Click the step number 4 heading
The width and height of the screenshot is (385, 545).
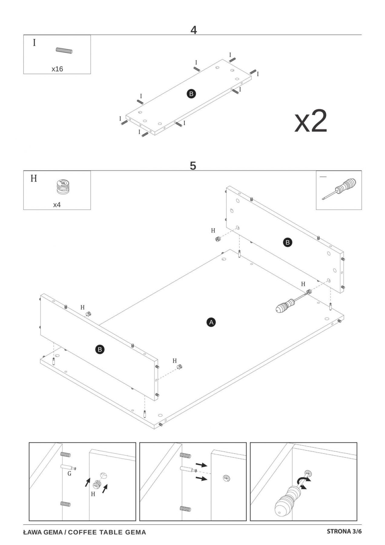pyautogui.click(x=194, y=30)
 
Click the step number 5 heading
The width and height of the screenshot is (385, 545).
pyautogui.click(x=193, y=166)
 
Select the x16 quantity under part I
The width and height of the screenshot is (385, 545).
pyautogui.click(x=57, y=69)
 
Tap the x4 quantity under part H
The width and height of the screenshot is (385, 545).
pyautogui.click(x=57, y=205)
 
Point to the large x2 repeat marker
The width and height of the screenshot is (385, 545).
pyautogui.click(x=311, y=122)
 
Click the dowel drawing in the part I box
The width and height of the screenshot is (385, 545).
pyautogui.click(x=64, y=51)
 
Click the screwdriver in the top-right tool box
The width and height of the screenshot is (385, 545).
pyautogui.click(x=339, y=189)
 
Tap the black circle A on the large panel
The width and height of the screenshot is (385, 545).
pyautogui.click(x=211, y=322)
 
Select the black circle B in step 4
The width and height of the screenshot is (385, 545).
pyautogui.click(x=191, y=94)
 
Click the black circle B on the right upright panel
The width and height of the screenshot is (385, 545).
pyautogui.click(x=288, y=242)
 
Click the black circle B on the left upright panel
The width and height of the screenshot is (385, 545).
pyautogui.click(x=100, y=350)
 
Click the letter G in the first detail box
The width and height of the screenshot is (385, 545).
pyautogui.click(x=69, y=474)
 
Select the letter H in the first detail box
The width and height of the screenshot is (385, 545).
pyautogui.click(x=93, y=494)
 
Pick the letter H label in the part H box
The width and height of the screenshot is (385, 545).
pyautogui.click(x=34, y=179)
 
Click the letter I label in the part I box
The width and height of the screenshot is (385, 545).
pyautogui.click(x=34, y=43)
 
